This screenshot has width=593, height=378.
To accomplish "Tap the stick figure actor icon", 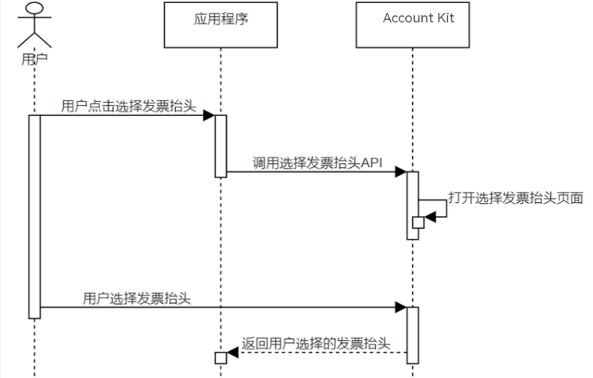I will tap(33, 27).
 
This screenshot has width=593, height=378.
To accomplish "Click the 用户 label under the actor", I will tap(33, 58).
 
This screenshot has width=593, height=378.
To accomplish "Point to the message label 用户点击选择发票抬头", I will tap(127, 105).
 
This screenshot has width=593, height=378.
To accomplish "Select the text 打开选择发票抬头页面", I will tap(516, 197).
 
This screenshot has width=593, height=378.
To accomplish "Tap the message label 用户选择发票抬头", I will tap(137, 298).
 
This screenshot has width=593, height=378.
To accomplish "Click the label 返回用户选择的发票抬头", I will tap(315, 343).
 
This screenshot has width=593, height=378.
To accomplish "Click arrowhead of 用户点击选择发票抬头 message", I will tap(209, 115).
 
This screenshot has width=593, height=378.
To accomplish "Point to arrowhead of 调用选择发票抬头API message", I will tap(402, 171).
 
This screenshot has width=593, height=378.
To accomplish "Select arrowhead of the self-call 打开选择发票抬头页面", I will tap(431, 214).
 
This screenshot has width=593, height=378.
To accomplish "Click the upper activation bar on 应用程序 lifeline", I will tap(220, 145).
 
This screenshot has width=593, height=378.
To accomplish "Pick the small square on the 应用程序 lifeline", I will tap(220, 358).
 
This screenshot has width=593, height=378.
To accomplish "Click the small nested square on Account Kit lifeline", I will tap(417, 222).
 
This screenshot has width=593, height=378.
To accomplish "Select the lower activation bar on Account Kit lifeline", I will tap(412, 334).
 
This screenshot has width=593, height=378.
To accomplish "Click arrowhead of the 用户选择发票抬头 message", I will tap(402, 307).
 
